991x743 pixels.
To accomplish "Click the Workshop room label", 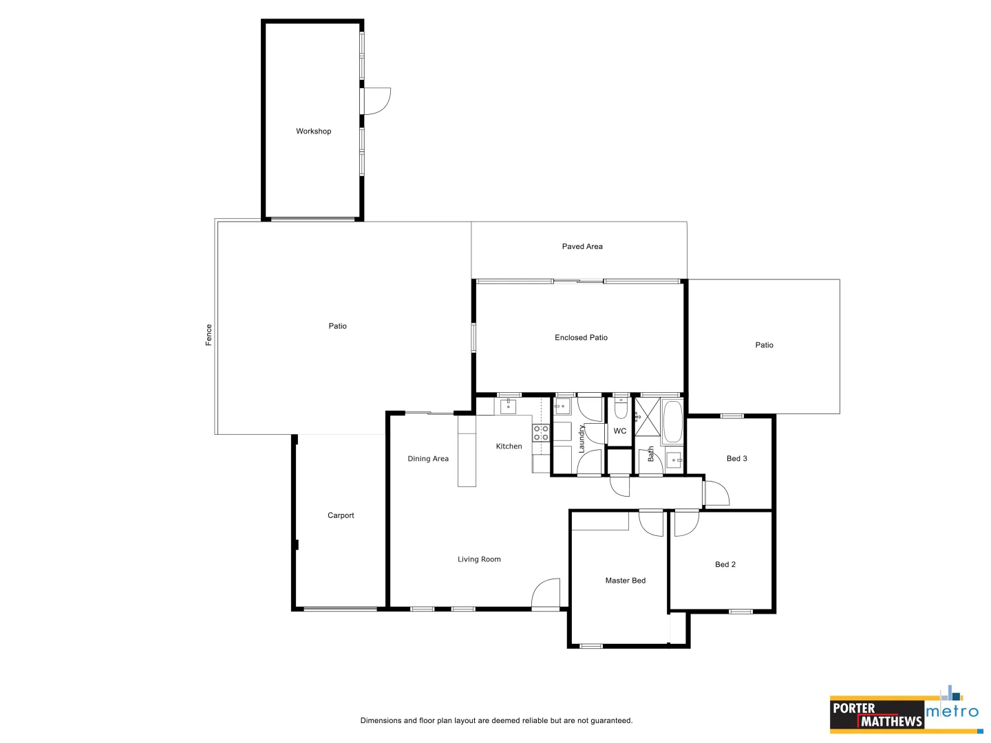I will [313, 131].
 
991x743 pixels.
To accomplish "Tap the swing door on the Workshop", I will [376, 100].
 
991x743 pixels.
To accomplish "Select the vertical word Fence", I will [209, 335].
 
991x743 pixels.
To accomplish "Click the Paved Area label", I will [582, 246].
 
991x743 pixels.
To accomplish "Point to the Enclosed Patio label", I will [581, 338].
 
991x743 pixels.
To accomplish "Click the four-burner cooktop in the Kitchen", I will [541, 433].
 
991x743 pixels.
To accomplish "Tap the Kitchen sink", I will [509, 407].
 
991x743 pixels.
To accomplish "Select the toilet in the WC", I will [621, 410].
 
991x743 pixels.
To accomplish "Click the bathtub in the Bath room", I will [672, 422].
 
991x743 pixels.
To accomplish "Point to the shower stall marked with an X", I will [647, 417].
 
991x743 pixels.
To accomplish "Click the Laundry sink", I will [562, 407].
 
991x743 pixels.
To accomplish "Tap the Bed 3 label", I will [736, 459].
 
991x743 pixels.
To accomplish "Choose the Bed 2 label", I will [725, 565].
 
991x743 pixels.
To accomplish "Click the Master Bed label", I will [625, 581].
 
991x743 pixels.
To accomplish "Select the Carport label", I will [341, 515].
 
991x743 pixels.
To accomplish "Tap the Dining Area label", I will [427, 459].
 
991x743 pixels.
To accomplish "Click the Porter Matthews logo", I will [876, 715].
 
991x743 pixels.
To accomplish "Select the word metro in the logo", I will [952, 711].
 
